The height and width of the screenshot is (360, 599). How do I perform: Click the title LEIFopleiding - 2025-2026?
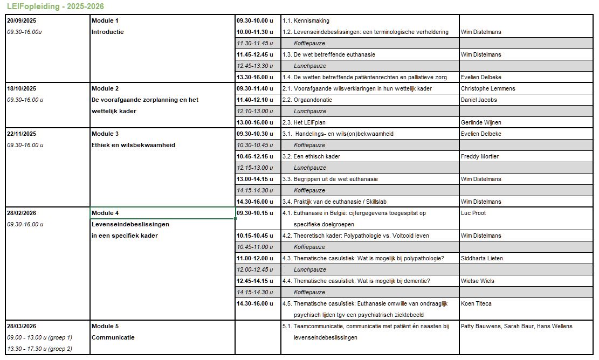point(56,6)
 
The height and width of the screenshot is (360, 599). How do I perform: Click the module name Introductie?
point(107,32)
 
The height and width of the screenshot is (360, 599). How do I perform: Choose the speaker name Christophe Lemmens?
point(487,88)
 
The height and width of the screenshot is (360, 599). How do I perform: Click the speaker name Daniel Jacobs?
point(479,100)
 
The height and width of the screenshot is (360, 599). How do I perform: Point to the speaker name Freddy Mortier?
point(479,156)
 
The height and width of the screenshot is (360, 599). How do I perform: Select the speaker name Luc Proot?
point(473,213)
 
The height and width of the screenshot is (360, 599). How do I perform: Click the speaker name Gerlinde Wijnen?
point(481,122)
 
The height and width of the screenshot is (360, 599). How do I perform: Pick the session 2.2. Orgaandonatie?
point(307,100)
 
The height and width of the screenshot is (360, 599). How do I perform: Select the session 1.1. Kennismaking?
point(306,20)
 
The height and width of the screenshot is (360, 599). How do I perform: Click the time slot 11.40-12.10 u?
point(255,100)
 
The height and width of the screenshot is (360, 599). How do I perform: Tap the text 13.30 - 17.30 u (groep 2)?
point(39,349)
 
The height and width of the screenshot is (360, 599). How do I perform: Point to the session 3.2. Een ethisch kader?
point(313,156)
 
